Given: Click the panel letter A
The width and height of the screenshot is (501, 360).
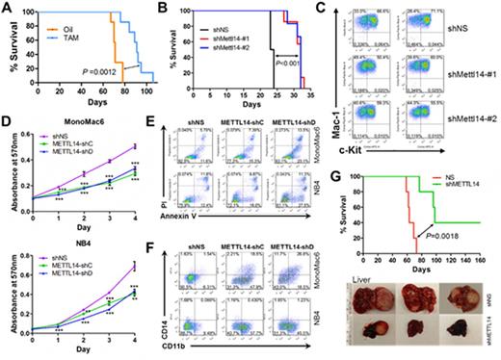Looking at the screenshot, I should pyautogui.click(x=8, y=8).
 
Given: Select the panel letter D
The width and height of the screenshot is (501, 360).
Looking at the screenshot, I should pyautogui.click(x=8, y=124).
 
